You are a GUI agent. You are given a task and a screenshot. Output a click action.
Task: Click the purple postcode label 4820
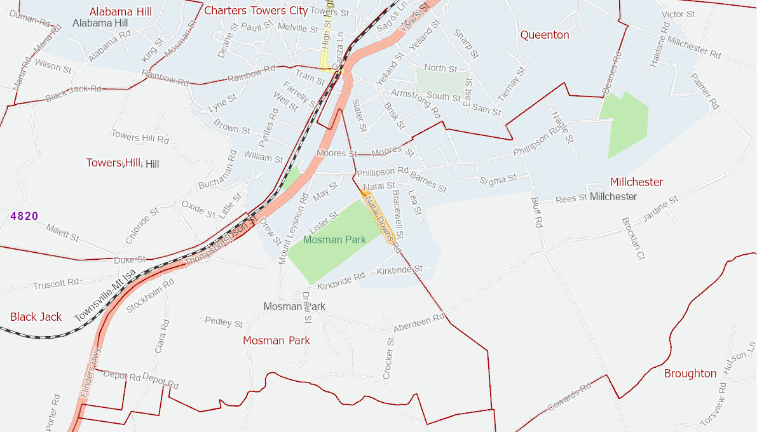coord(24,216)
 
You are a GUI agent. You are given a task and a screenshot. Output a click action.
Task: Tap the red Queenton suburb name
coord(545,35)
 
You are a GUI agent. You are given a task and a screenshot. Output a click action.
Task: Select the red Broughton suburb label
coord(690,374)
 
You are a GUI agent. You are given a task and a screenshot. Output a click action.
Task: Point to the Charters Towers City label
coord(256,11)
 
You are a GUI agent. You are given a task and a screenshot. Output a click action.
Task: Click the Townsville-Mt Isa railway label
coord(105,295)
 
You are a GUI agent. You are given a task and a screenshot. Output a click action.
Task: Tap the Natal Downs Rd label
coord(380,220)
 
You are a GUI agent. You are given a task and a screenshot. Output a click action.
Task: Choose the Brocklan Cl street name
coord(632,239)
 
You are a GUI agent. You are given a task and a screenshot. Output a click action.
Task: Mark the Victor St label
coord(678,14)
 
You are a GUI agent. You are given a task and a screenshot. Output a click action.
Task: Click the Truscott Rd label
coord(56,283)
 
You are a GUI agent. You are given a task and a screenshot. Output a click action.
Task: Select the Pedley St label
coord(223,322)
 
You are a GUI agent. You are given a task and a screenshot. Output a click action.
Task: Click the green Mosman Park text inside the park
coord(334,240)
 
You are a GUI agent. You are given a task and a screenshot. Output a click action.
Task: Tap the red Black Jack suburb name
coord(36,317)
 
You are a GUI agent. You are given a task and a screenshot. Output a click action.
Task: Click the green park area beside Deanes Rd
coord(624,124)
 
